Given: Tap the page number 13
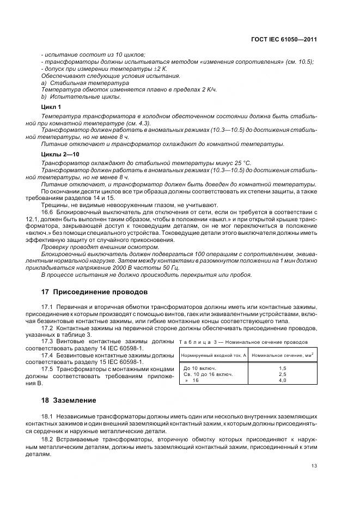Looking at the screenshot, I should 314,465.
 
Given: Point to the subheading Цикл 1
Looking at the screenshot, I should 51,107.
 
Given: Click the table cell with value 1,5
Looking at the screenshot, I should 282,368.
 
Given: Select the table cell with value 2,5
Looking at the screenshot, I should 282,375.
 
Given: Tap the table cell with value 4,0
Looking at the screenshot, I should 282,381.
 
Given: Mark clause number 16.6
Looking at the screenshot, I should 47,212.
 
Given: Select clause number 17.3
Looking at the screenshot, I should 47,341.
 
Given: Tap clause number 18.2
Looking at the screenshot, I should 47,439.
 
